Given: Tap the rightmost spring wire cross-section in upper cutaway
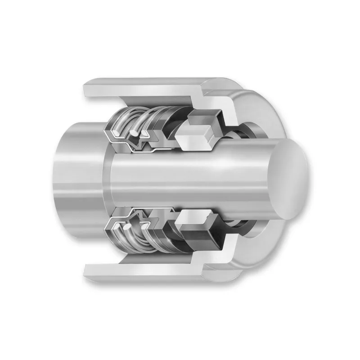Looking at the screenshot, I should [x=147, y=134].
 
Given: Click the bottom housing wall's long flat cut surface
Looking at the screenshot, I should [x=144, y=270].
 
